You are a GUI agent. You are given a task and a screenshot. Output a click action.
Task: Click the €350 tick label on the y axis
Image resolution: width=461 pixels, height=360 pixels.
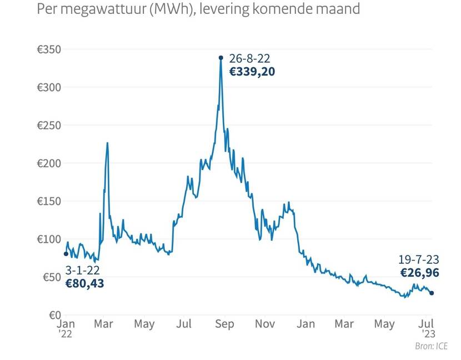coord(49,49)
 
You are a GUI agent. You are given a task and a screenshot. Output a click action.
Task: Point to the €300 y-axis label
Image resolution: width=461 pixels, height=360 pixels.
coord(49,87)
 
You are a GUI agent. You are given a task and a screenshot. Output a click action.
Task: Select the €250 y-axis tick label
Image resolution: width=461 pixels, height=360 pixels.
coord(49,126)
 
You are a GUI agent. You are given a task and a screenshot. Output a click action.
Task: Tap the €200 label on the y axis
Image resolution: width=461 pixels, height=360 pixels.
coord(49,163)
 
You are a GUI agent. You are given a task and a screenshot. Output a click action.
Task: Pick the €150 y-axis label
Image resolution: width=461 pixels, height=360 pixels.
coord(49,201)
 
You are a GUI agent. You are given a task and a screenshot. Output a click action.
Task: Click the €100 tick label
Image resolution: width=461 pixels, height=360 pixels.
coord(49,239)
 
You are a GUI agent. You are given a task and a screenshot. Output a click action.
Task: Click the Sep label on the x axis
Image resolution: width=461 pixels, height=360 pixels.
coord(224,323)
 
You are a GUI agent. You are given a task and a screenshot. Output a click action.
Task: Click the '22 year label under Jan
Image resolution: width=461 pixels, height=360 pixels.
coord(66,334)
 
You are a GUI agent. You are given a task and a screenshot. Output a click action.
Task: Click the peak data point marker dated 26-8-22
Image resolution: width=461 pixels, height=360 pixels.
coord(221,57)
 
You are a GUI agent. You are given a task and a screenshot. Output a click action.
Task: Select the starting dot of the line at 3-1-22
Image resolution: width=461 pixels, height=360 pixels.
coord(66,254)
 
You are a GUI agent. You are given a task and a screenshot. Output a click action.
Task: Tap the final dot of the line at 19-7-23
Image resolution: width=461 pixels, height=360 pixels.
coord(432,293)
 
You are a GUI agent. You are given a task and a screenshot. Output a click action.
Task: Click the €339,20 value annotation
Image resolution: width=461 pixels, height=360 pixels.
coord(252,71)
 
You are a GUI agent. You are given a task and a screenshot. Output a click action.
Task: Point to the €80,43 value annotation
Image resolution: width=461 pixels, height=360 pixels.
coord(84,283)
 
